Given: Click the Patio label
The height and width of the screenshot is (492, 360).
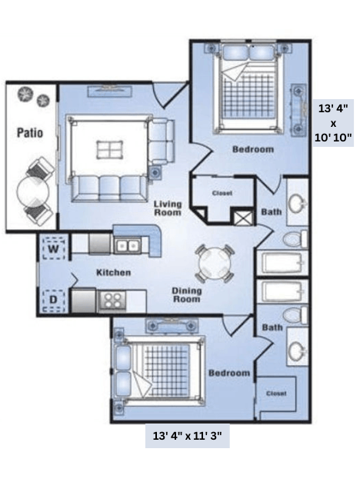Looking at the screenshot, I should click(x=29, y=132).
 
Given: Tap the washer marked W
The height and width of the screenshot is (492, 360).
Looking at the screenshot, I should click(x=53, y=248).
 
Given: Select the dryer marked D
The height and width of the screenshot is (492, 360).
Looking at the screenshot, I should click(x=53, y=298).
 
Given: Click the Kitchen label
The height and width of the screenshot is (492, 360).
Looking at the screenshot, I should click(x=113, y=272).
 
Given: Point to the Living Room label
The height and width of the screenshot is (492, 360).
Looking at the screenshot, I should click(x=167, y=208).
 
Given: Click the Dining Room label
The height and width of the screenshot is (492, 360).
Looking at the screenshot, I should click(x=185, y=294).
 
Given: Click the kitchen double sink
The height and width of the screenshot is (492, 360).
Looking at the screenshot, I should click(x=126, y=246).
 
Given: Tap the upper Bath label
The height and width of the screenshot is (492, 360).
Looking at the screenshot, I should click(x=272, y=211).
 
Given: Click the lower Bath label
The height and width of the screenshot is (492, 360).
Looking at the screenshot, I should click(x=271, y=327).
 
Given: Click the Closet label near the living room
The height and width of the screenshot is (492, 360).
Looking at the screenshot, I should click(x=222, y=193).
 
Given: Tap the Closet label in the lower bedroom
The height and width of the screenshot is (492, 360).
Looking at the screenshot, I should click(x=276, y=393).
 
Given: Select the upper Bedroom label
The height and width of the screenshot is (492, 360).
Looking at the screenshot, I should click(x=252, y=149).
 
